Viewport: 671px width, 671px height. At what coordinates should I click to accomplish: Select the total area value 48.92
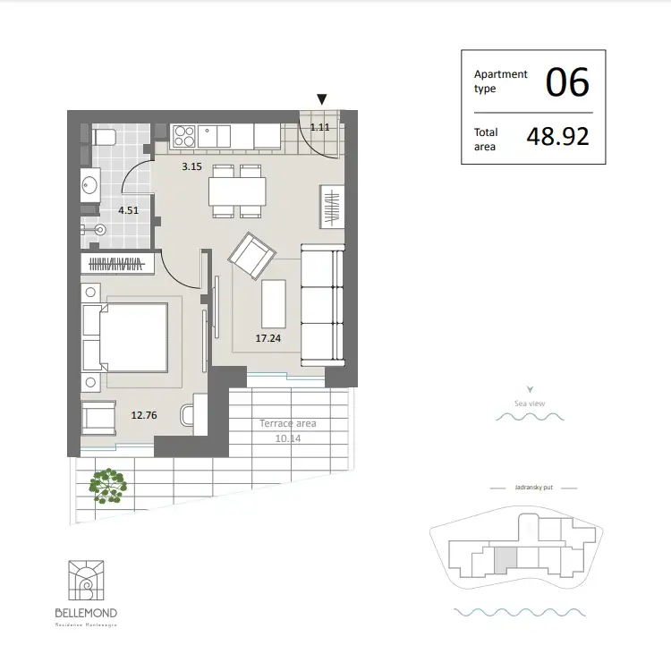558,138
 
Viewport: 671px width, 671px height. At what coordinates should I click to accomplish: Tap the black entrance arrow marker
322,99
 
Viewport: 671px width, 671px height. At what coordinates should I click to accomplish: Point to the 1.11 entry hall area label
319,127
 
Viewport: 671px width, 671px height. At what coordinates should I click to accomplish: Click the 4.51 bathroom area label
129,211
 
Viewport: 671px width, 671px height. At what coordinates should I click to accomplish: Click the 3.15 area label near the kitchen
191,166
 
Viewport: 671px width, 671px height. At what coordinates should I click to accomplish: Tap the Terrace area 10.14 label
287,431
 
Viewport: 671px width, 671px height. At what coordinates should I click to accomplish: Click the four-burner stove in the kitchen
184,136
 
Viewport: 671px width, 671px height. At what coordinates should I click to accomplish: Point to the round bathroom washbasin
89,185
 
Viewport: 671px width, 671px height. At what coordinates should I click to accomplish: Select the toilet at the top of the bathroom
101,136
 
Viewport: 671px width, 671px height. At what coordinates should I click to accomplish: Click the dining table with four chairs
237,191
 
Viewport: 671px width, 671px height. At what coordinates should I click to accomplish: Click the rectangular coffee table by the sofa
273,303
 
